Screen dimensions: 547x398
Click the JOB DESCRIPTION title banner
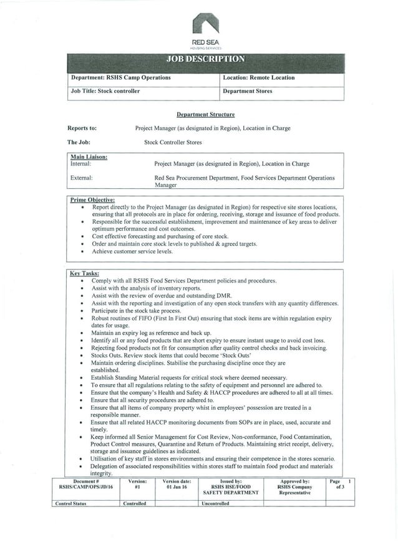tap(205, 61)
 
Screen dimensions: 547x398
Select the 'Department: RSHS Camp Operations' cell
tap(120, 78)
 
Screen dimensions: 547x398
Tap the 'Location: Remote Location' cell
tap(258, 78)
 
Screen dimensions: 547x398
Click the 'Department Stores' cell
tap(248, 91)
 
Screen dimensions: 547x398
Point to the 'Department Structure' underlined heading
tap(205, 115)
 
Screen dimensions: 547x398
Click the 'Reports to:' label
tap(82, 128)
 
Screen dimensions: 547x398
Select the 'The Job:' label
tap(79, 142)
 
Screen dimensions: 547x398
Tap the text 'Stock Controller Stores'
tap(173, 142)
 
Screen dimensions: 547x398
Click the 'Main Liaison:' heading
tap(89, 157)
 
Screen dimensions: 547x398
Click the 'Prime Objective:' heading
tap(92, 200)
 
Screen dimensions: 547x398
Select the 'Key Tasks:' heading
tap(84, 273)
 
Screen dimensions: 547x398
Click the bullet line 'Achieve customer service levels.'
tap(132, 251)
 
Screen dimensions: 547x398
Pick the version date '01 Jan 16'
tap(177, 486)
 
